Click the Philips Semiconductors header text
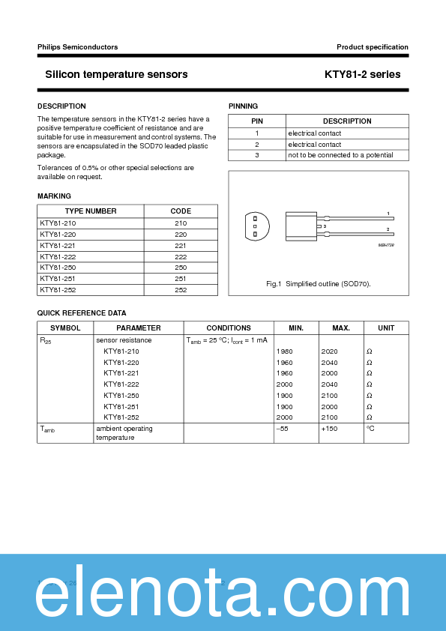pos(77,47)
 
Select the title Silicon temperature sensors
pos(116,74)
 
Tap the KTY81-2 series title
pos(362,74)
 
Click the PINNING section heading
pos(243,106)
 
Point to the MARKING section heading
pos(54,196)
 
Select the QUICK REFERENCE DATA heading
pos(82,313)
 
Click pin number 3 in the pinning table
pos(256,155)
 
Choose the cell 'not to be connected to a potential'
pos(340,155)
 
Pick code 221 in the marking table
pos(181,245)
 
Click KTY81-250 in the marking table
pos(58,268)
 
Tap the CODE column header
pos(181,211)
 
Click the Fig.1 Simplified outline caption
pos(319,284)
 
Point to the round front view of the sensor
pos(255,226)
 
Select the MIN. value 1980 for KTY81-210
pos(285,351)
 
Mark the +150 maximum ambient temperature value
pos(330,429)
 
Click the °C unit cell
pos(370,429)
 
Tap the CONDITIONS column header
pos(229,328)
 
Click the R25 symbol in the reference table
pos(45,340)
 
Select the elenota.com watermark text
pos(223,597)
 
